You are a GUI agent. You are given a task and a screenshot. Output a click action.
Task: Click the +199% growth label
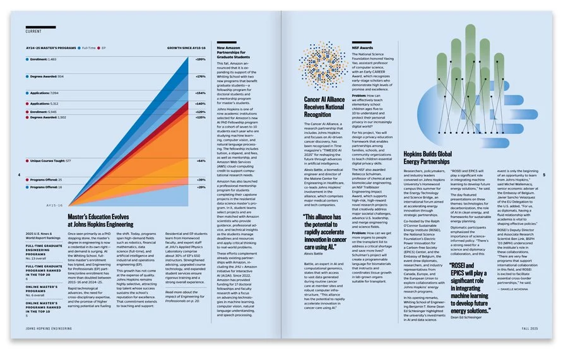click(x=201, y=59)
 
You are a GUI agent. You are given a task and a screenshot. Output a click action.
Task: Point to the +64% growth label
click(x=201, y=161)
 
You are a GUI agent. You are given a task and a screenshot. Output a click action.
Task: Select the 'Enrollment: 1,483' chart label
click(x=41, y=59)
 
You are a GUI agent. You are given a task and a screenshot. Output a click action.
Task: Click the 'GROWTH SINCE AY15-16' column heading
click(x=186, y=47)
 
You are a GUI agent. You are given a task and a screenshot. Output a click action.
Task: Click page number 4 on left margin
click(x=20, y=175)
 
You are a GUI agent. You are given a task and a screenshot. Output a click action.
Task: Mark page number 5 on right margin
click(x=544, y=175)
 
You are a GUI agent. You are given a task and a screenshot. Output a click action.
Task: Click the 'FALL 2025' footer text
click(x=529, y=330)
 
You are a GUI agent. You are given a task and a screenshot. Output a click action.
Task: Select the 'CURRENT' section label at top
click(x=34, y=30)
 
